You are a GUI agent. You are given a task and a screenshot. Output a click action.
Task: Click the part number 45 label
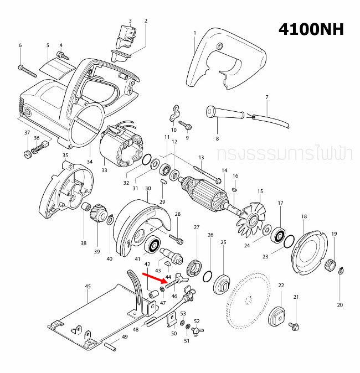pos(87,287)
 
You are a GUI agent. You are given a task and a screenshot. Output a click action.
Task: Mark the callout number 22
pos(281,285)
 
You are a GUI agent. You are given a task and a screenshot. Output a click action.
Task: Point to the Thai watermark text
pos(285,153)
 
